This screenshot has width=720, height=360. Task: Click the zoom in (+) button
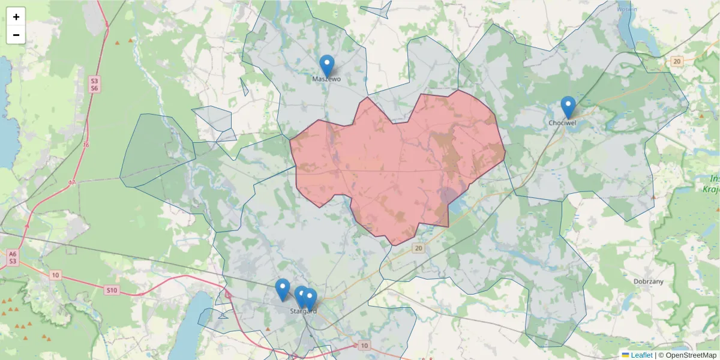coord(16,17)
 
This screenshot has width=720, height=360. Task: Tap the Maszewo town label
coord(326,79)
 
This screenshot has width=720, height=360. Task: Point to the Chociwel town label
coord(563,123)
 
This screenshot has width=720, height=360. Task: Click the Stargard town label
coord(303,311)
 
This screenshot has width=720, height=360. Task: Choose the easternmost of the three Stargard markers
coord(310,299)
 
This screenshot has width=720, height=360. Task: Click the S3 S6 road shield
coord(94,84)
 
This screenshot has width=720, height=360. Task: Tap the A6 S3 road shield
coord(13,258)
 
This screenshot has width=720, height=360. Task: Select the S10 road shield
coord(112,290)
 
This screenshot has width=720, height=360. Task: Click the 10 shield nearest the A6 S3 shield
coord(55,275)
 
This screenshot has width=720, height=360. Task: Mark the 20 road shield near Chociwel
coord(677,61)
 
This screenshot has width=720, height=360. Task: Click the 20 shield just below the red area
coord(418,248)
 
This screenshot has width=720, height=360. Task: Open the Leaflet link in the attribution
coord(641,355)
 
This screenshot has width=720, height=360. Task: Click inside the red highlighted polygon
coord(396,168)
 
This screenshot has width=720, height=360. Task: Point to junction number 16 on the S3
coord(86,145)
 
